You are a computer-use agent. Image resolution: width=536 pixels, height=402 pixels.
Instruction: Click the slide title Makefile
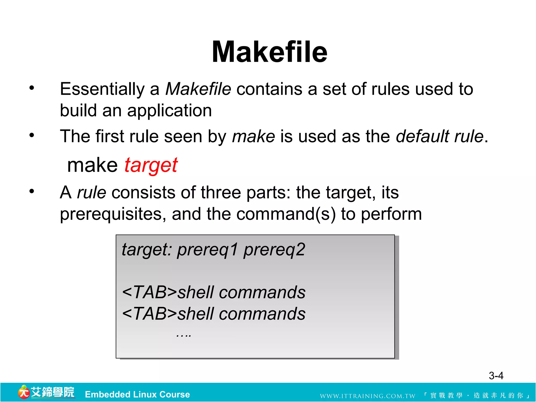(269, 52)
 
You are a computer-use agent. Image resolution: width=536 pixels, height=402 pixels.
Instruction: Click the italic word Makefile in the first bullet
(198, 89)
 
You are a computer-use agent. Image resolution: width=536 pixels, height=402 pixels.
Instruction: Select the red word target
(151, 165)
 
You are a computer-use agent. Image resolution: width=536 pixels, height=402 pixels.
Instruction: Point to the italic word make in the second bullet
(253, 136)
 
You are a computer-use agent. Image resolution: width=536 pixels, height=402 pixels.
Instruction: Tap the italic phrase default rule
(439, 136)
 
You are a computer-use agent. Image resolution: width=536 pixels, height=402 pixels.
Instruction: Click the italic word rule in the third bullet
(92, 193)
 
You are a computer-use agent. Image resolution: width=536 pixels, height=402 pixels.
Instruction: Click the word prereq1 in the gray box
(208, 250)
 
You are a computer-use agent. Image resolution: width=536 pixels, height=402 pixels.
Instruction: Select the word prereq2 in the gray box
(274, 250)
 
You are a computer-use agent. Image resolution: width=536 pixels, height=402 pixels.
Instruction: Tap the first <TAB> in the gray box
(149, 292)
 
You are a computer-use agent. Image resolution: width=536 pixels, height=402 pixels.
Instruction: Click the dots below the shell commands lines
(183, 335)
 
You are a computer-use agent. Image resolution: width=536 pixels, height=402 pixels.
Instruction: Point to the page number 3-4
(496, 376)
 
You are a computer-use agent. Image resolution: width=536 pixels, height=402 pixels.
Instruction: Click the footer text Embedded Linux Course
(137, 394)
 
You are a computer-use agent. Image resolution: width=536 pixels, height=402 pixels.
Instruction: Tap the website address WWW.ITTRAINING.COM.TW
(367, 396)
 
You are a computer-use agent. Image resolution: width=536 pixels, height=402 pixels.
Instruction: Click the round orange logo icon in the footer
(24, 392)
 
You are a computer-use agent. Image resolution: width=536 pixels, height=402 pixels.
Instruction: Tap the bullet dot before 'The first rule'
(32, 135)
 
